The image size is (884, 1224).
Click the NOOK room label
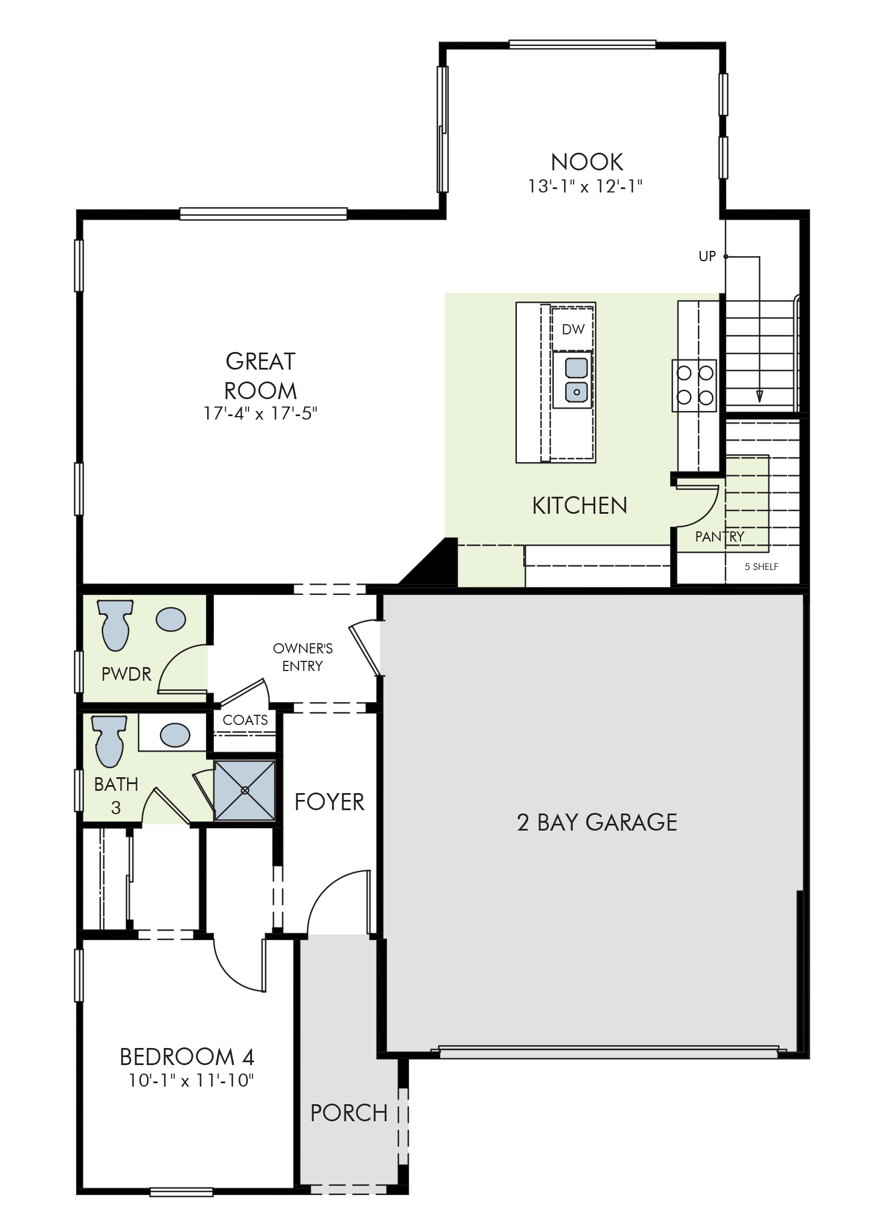tap(587, 162)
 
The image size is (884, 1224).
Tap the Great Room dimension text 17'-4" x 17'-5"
tap(260, 414)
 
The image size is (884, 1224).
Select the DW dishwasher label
tap(573, 329)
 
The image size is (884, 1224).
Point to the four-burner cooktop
tap(694, 385)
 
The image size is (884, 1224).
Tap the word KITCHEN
tap(579, 505)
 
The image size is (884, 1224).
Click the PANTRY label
tap(719, 536)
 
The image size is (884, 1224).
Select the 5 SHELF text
tap(761, 566)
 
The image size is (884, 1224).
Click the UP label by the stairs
tap(707, 257)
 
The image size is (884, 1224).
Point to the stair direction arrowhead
tap(759, 396)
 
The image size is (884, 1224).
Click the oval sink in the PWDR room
tap(170, 619)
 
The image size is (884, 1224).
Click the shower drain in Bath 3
tap(245, 790)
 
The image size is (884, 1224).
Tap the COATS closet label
tap(245, 720)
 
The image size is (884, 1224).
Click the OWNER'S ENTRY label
tap(303, 657)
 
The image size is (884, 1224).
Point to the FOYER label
tap(329, 802)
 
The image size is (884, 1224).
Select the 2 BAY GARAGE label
tap(597, 822)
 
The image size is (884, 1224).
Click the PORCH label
tap(349, 1113)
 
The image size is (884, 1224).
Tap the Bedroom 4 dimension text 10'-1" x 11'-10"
tap(190, 1080)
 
